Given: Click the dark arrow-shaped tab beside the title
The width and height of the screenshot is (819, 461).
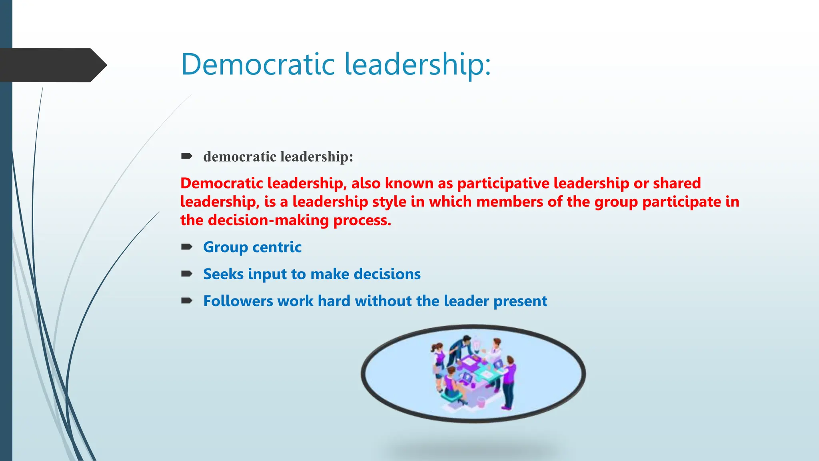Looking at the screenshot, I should coord(52,65).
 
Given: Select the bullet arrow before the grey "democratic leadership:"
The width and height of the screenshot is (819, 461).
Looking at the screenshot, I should coord(187,156).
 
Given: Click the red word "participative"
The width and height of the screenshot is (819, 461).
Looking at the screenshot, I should coord(503,183).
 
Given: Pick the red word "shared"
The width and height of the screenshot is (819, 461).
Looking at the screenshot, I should coord(677,183).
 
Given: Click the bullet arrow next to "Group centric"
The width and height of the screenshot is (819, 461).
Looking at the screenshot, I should coord(187,247).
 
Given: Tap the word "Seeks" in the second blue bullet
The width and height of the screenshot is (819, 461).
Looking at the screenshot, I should coord(223,274).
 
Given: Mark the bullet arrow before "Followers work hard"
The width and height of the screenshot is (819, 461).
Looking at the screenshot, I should coord(187,301).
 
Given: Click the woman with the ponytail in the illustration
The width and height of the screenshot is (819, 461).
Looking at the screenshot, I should coord(439,358).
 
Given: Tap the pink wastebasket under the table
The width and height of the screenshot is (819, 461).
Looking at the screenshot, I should coord(481,402).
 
